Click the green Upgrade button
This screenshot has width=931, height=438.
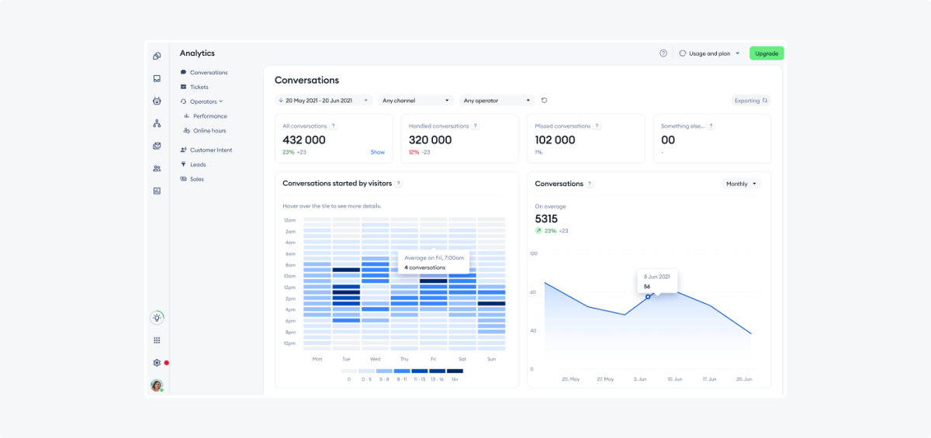click(x=767, y=53)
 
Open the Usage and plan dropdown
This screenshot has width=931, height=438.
click(x=709, y=53)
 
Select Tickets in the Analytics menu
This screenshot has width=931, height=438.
click(x=199, y=87)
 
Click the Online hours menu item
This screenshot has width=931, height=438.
click(x=209, y=131)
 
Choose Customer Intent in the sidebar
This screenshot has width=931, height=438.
click(x=210, y=150)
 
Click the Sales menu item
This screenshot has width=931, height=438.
click(x=196, y=179)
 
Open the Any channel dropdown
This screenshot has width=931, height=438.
click(x=416, y=101)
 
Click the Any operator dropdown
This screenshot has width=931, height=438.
click(x=497, y=101)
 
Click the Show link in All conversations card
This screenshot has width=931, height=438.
click(x=377, y=153)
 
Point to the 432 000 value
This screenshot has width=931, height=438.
click(x=304, y=140)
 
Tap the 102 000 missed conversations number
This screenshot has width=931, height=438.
click(x=555, y=140)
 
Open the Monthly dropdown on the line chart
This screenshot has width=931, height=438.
click(x=741, y=185)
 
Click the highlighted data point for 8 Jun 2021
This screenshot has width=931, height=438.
click(x=648, y=297)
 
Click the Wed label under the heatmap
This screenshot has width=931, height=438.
click(x=375, y=360)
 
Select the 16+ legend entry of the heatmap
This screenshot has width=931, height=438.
click(x=455, y=375)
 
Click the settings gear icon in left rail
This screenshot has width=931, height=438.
click(x=157, y=363)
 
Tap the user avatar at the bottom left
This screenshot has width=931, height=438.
click(x=157, y=385)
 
